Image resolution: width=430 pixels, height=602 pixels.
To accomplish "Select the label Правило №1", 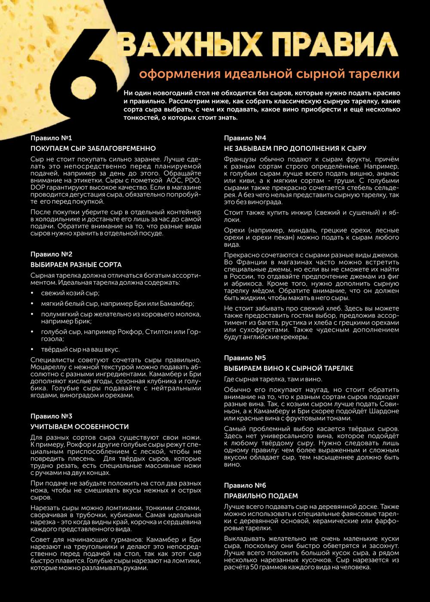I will point(51,138).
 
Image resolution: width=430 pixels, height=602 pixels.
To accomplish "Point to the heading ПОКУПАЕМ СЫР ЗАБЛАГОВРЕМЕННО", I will point(93,149).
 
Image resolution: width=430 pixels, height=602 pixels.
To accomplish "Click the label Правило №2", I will point(51,254).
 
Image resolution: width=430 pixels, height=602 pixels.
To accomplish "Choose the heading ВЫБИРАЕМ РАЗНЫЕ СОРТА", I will point(76,265).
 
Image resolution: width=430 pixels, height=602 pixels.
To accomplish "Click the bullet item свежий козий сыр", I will point(70,293).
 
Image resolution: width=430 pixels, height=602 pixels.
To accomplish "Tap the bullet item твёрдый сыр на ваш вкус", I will point(80,349).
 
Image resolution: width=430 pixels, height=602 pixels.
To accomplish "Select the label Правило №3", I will point(51,416).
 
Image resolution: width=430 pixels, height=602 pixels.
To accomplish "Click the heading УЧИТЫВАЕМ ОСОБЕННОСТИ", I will point(80,427).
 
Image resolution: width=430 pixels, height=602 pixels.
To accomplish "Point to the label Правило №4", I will point(245,138).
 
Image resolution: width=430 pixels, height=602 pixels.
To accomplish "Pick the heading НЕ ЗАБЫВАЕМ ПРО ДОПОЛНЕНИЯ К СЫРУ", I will point(295,149).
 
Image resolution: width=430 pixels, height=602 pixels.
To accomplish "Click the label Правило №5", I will point(245,358).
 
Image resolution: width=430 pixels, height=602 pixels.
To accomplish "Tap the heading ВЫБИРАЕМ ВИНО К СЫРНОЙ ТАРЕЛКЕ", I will point(289,369).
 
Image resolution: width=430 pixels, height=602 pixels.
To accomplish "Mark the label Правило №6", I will point(245,485).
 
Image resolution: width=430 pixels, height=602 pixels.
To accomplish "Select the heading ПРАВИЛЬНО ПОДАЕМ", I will point(261,496).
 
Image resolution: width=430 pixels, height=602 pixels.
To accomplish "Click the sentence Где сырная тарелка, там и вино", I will point(273,379).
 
